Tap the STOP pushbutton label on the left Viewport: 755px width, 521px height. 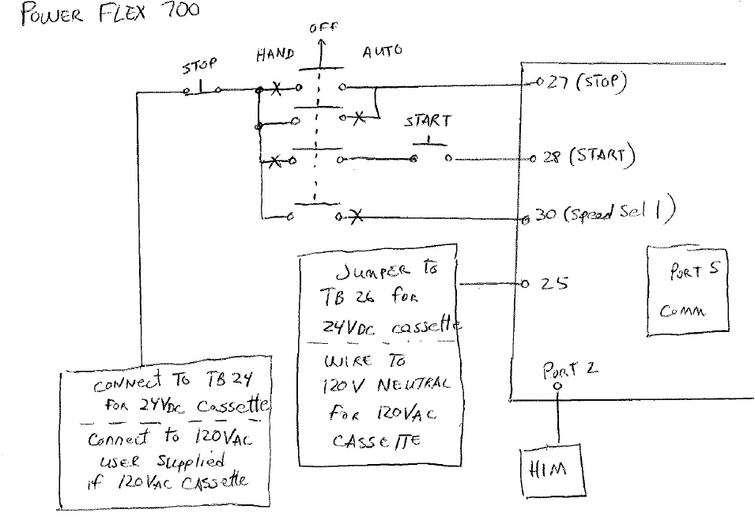coord(200,65)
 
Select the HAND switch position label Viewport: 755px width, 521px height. coord(275,55)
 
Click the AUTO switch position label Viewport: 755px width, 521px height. coord(382,51)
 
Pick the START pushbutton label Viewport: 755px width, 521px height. coord(428,121)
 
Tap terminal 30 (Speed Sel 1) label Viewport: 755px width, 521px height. coord(605,214)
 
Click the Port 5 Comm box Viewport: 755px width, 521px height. coord(684,289)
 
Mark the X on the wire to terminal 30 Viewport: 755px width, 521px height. coord(355,216)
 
